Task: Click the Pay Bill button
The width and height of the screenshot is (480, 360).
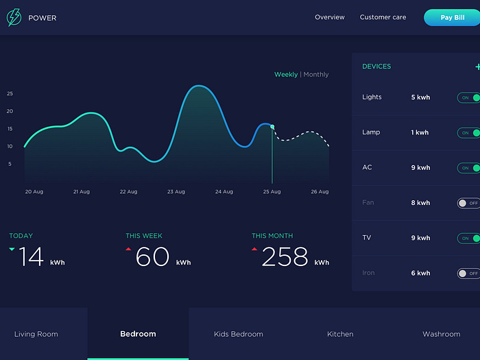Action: (452, 17)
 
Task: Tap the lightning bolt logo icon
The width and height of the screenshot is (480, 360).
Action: (14, 17)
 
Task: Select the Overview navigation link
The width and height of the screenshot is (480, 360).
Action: (330, 17)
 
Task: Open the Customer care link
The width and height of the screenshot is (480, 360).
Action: (383, 17)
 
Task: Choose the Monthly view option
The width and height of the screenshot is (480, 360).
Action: (316, 75)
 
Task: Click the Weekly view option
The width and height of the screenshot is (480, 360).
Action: (286, 75)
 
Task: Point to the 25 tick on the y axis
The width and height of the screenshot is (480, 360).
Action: (10, 93)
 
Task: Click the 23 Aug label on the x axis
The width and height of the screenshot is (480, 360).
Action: (176, 192)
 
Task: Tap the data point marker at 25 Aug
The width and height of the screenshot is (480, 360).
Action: (272, 127)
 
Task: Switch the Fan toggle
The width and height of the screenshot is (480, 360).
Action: (469, 203)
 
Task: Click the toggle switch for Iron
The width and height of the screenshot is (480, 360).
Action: (469, 274)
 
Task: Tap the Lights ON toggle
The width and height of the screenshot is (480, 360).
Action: (469, 97)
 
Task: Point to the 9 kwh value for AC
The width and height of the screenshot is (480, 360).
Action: (420, 168)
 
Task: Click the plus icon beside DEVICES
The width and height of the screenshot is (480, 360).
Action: (477, 67)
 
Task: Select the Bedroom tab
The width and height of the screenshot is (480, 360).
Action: (138, 334)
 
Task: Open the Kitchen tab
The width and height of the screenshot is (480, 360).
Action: (340, 334)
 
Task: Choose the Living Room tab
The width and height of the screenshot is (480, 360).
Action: (36, 334)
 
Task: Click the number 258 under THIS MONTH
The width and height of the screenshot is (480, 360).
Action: (285, 257)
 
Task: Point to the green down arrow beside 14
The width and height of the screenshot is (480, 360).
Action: (12, 250)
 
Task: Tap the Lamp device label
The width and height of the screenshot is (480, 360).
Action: (371, 132)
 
